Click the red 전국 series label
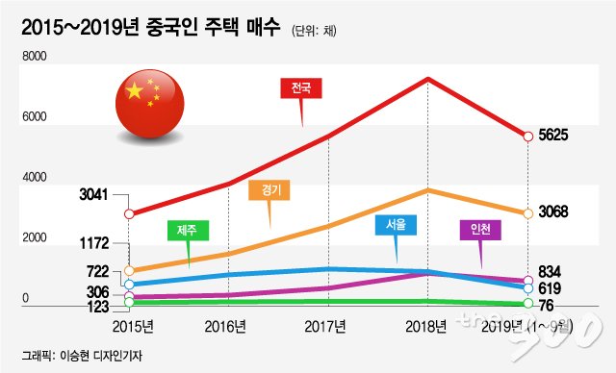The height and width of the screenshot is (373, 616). (x=301, y=87)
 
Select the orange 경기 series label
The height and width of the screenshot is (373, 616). (x=269, y=190)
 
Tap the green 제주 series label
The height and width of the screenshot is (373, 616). (x=188, y=230)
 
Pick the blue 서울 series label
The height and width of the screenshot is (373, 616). (x=396, y=225)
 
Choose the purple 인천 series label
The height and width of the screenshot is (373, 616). (x=480, y=230)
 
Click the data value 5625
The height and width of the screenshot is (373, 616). (x=553, y=136)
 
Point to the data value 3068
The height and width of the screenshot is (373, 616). (x=553, y=211)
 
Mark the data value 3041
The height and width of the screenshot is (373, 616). (x=93, y=194)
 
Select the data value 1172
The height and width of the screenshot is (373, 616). (x=94, y=243)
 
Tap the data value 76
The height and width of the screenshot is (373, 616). (x=546, y=306)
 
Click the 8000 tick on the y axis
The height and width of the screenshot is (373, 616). (x=35, y=56)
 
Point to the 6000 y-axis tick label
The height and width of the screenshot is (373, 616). (x=35, y=116)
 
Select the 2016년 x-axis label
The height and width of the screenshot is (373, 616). (x=225, y=326)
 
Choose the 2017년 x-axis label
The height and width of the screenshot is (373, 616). (x=325, y=326)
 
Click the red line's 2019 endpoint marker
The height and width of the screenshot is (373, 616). (x=528, y=137)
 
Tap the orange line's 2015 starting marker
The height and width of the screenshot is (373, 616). (x=129, y=271)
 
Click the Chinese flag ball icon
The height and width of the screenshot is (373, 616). (x=150, y=104)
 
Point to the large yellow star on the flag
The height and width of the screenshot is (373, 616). (x=135, y=90)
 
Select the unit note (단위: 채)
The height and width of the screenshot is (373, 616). (x=314, y=31)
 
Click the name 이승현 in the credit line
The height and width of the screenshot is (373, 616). (x=74, y=356)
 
